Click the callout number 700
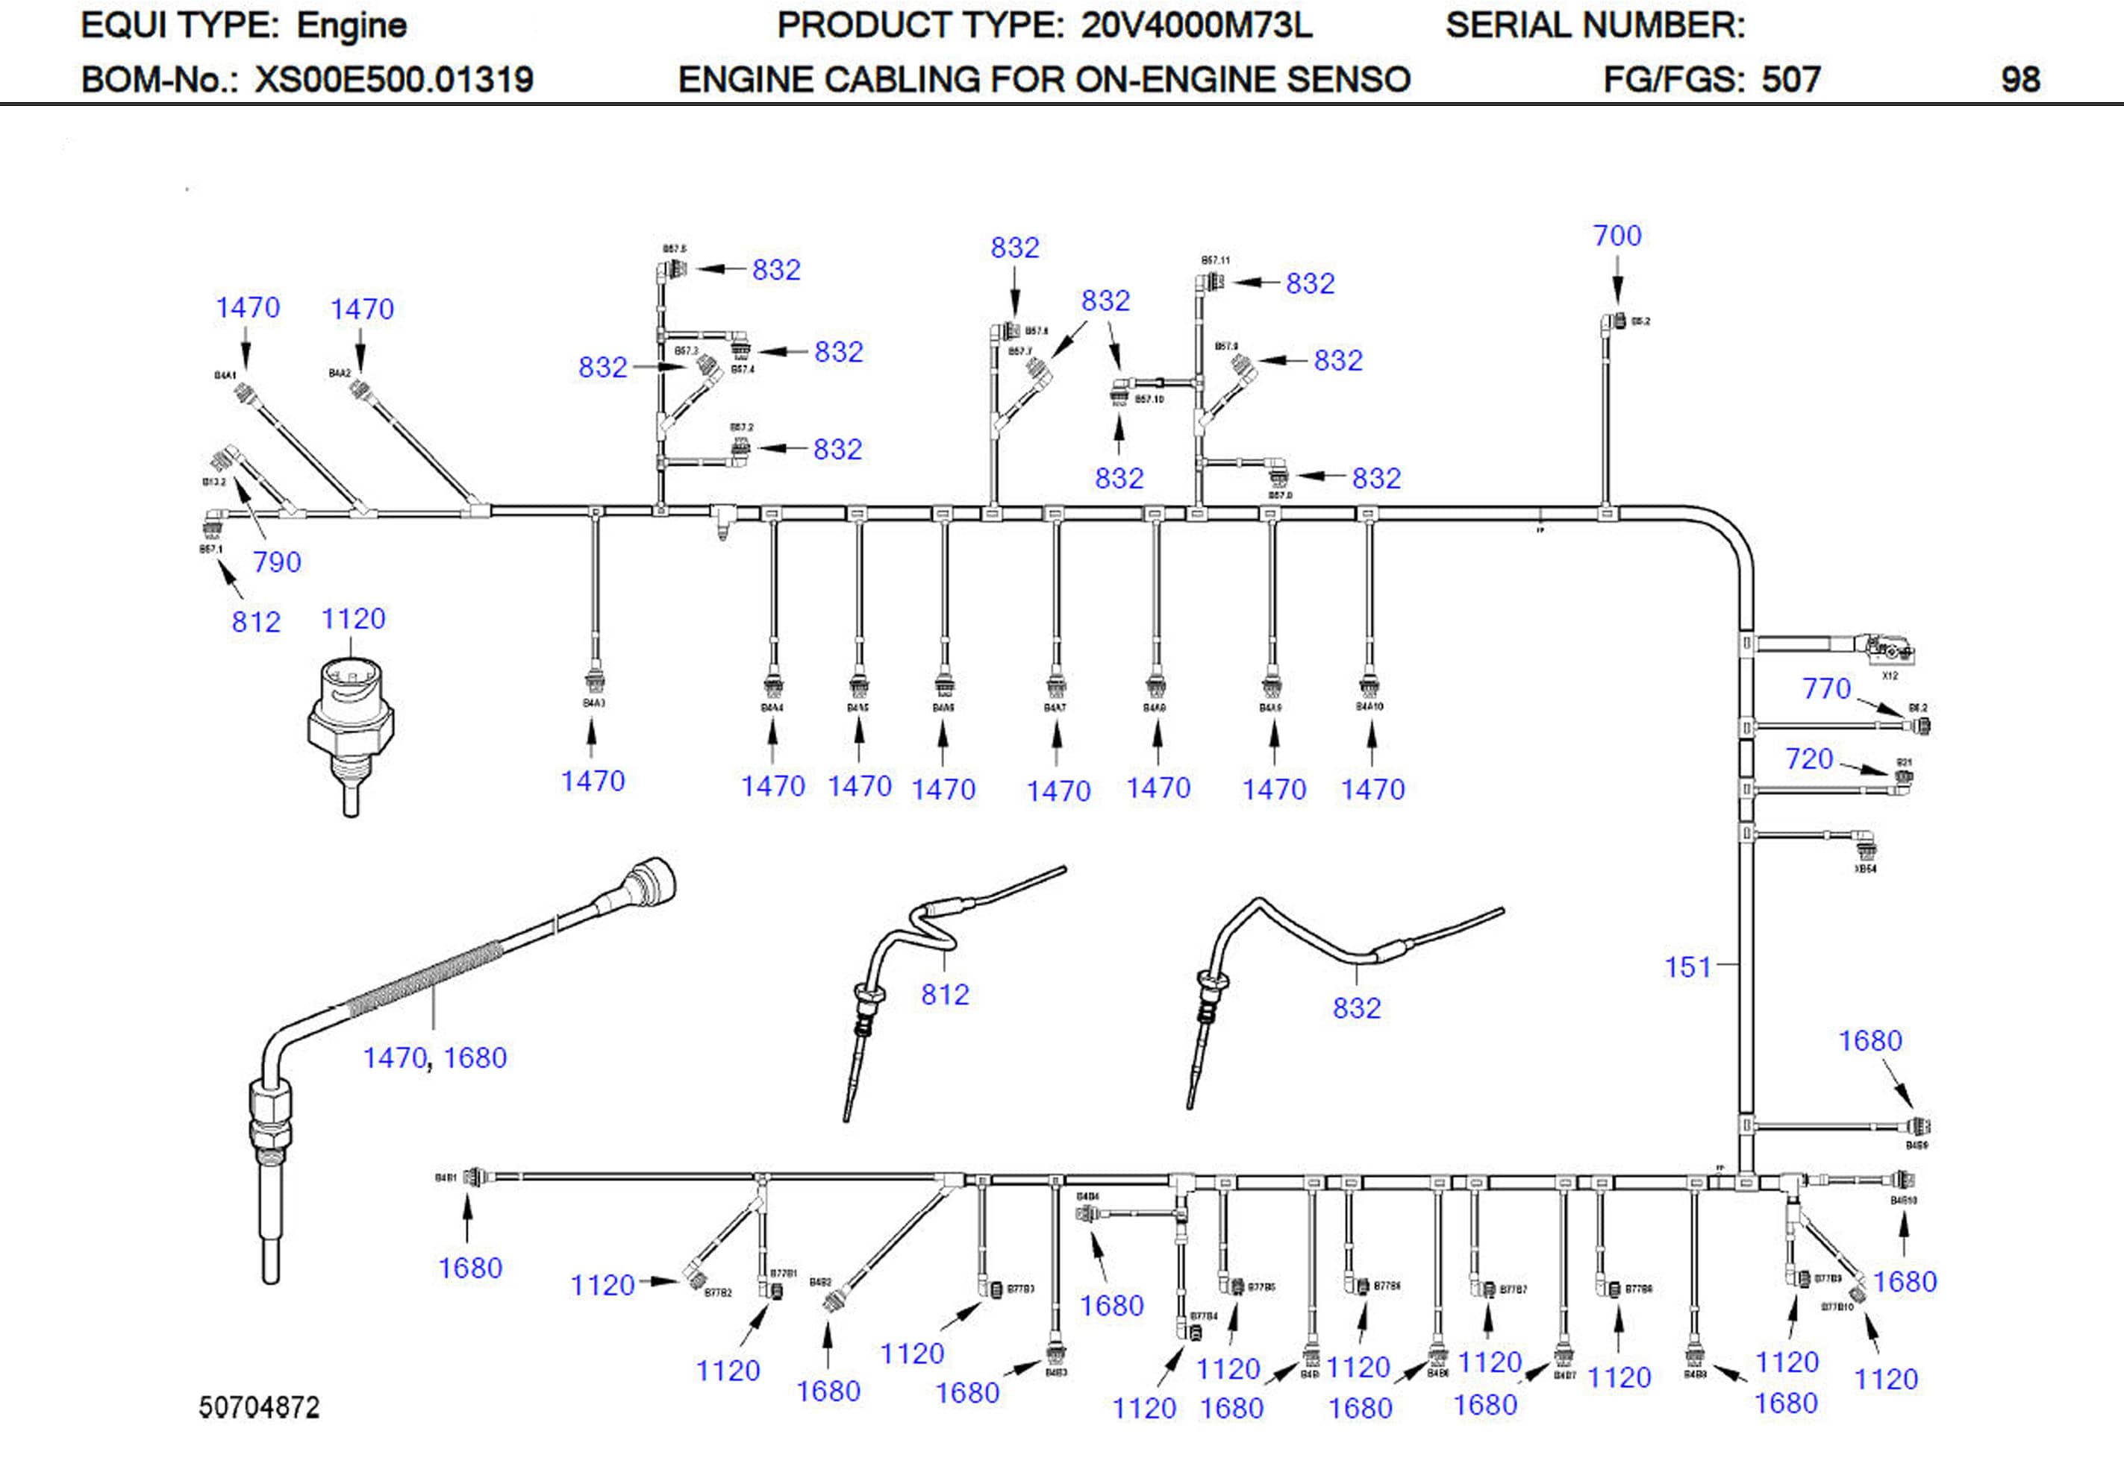coord(1617,236)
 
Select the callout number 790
coord(277,562)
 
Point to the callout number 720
coord(1808,758)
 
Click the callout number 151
coord(1687,967)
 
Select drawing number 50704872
coord(259,1407)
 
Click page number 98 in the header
coord(2020,80)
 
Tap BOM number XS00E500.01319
coord(394,80)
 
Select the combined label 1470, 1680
coord(435,1057)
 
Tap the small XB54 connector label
coord(1865,869)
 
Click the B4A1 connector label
coord(225,375)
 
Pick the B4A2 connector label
coord(340,374)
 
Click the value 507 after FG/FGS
coord(1790,80)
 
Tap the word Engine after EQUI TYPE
coord(352,25)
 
